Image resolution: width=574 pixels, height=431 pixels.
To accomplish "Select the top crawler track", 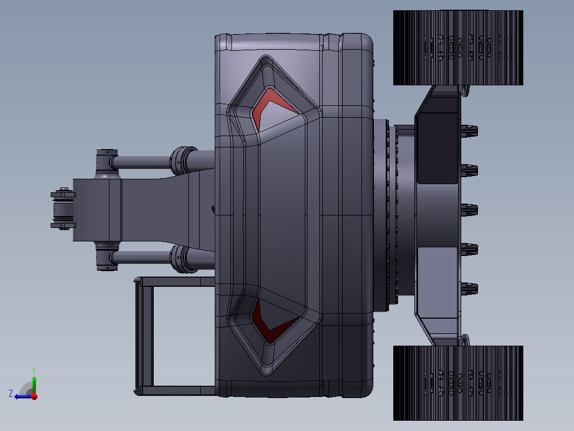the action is coord(458,48).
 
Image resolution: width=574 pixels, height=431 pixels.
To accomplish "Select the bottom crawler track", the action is coord(458,383).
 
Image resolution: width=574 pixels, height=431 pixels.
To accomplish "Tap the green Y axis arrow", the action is coord(34,385).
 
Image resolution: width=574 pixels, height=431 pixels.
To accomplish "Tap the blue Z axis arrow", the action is coord(23,396).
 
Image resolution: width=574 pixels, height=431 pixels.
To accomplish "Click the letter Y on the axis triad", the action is coord(33,370).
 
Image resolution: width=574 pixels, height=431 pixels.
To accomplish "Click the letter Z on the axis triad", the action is coord(11,394).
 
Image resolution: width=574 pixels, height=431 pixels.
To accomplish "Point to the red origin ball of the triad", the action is coord(35,396).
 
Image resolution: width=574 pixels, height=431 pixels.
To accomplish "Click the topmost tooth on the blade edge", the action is coord(469,131).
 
